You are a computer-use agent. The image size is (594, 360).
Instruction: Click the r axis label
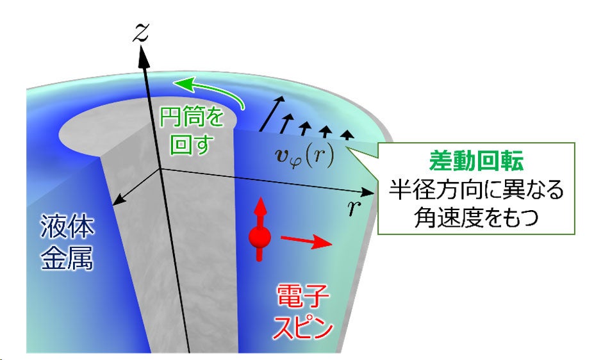coord(354,208)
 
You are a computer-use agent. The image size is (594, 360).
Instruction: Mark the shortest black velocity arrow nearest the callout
coord(347,135)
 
